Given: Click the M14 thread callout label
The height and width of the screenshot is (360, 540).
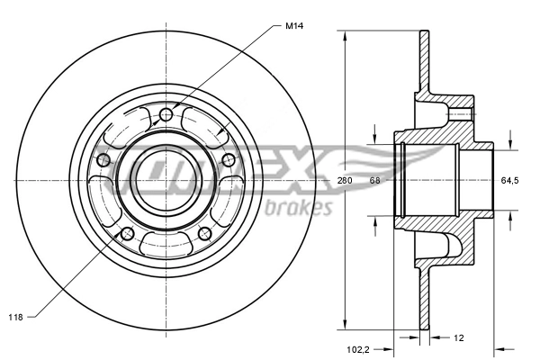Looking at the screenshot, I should [x=293, y=26].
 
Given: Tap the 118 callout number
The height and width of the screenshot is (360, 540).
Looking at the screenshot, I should [x=15, y=317].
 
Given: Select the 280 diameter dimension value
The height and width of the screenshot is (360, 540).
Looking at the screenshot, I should [x=344, y=181].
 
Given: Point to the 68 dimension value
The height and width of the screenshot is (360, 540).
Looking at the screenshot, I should [x=374, y=181].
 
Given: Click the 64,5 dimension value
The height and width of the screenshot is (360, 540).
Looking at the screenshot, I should [x=509, y=181].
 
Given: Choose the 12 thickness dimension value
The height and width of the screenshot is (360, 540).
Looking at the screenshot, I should [x=458, y=339].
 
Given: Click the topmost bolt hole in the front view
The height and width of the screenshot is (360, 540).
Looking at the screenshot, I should [x=166, y=115].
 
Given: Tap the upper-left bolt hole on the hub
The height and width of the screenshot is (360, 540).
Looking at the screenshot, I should [x=103, y=160].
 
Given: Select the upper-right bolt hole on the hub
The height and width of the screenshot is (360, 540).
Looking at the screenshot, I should [x=228, y=160].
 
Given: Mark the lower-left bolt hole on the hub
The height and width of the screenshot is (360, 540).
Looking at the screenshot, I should [x=127, y=234].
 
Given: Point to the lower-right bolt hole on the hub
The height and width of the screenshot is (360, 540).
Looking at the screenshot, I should [x=204, y=234].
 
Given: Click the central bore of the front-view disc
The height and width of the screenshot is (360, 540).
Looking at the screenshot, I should [x=166, y=180].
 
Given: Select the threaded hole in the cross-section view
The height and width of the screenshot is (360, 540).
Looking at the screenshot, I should [x=460, y=114].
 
